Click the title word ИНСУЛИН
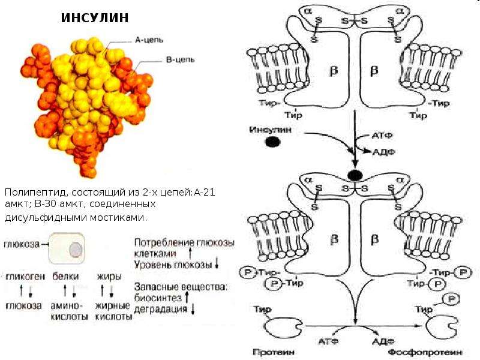pos(95,18)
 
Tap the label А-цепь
pos(149,40)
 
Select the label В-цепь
pos(180,59)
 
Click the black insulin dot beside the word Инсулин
pos(272,142)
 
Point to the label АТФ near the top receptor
pos(382,136)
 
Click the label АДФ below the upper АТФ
pos(384,152)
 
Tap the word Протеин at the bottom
pos(274,352)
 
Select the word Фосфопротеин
pos(425,353)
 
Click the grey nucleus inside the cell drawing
pos(76,249)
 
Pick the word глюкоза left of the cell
pos(22,244)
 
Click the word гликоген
pos(25,277)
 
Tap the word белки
pos(65,276)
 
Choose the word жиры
pos(109,277)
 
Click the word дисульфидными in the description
pos(46,218)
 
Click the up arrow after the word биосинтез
pos(187,298)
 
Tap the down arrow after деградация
pos(193,309)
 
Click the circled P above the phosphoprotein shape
pos(452,299)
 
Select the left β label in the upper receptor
pos(334,70)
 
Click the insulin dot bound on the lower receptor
pos(355,176)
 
